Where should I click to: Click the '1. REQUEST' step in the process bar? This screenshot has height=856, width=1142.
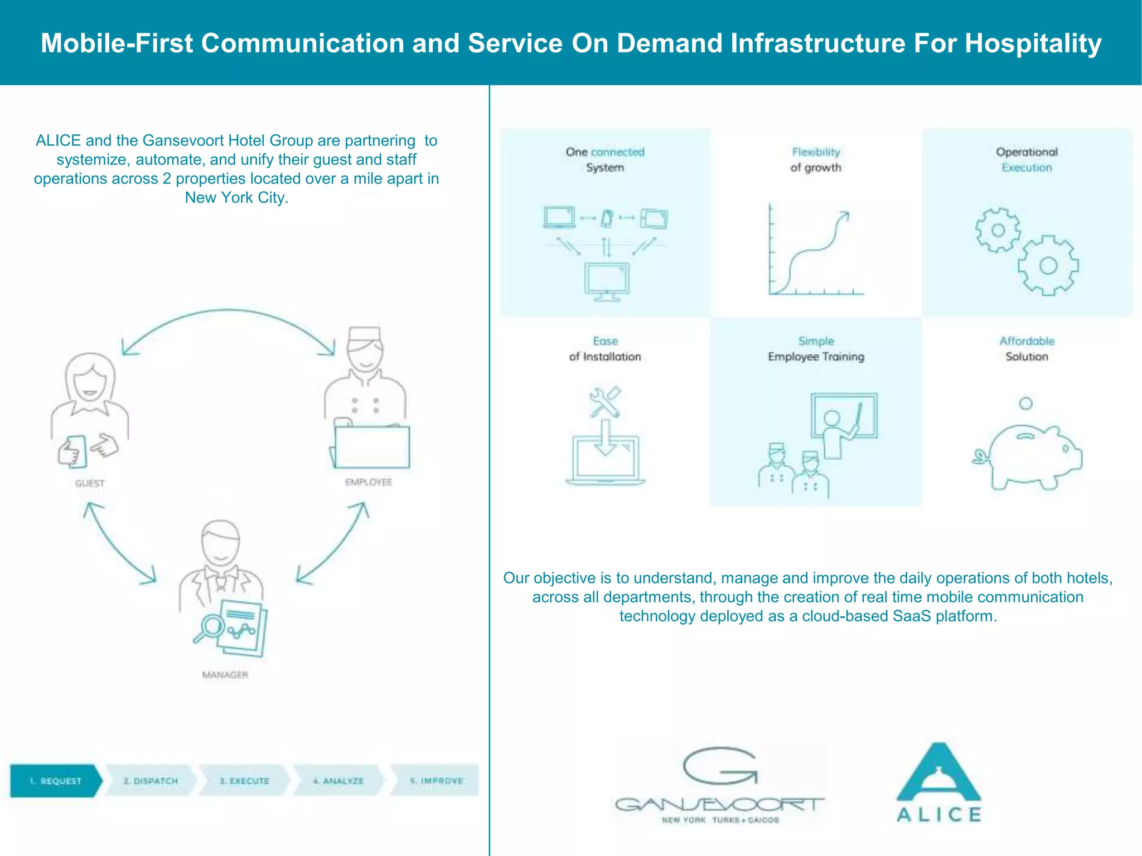pyautogui.click(x=56, y=781)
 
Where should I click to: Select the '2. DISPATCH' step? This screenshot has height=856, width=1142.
pyautogui.click(x=151, y=781)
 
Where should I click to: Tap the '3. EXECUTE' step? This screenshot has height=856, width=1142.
pyautogui.click(x=244, y=781)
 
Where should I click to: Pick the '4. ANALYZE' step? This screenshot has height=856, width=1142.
pyautogui.click(x=338, y=781)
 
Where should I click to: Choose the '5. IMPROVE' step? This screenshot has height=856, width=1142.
pyautogui.click(x=436, y=781)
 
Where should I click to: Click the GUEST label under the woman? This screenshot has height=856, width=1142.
pyautogui.click(x=90, y=483)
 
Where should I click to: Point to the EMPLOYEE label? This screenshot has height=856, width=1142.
pyautogui.click(x=368, y=482)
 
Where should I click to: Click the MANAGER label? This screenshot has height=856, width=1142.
pyautogui.click(x=225, y=675)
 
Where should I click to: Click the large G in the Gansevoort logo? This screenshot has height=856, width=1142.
pyautogui.click(x=719, y=766)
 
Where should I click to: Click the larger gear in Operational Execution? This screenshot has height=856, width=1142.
pyautogui.click(x=1048, y=265)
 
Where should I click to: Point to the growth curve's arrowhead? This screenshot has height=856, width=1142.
pyautogui.click(x=845, y=215)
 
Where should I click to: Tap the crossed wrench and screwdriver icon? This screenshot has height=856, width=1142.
pyautogui.click(x=605, y=402)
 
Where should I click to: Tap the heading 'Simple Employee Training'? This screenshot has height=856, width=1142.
pyautogui.click(x=816, y=349)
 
